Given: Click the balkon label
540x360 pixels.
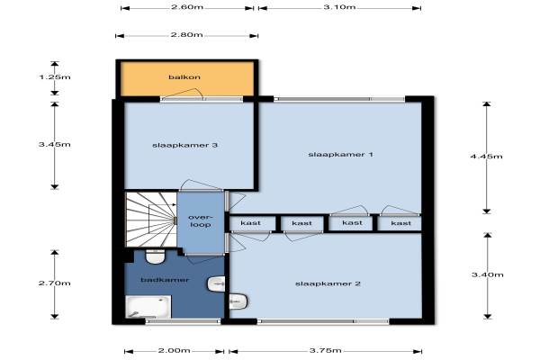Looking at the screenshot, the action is point(184,77).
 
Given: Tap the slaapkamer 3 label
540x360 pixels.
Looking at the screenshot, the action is point(184,146).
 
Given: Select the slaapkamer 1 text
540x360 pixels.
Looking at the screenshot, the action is point(340,154).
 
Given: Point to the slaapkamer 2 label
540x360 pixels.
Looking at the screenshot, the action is point(328,283).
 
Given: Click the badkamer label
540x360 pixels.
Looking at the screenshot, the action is point(165,280).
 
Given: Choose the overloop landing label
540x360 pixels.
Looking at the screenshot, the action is point(201,221).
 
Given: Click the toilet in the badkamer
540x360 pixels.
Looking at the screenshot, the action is point(156,257).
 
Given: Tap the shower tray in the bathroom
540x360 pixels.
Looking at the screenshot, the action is point(148,307).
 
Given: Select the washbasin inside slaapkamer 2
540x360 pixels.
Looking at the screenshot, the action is point(238,301).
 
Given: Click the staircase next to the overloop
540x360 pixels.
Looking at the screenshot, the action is point(151,220).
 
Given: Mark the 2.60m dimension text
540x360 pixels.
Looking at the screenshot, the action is point(187,7).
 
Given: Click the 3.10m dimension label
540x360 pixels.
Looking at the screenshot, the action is point(339,7).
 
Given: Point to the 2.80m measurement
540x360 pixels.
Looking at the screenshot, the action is point(186,35).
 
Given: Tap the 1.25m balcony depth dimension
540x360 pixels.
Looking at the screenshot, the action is point(55,77).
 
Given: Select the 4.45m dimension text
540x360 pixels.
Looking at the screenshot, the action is point(486,157).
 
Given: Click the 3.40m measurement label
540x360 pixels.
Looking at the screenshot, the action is point(487,274).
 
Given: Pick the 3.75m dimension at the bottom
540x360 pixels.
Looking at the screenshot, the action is point(326,351).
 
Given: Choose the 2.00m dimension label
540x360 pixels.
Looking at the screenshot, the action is point(174,351).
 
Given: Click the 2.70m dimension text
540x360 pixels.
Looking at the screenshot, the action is point(54,283).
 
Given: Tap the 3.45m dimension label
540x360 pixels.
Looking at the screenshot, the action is point(54,144).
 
